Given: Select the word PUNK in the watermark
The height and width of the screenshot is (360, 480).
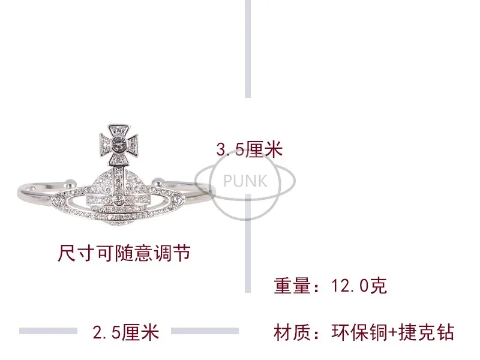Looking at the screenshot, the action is (245, 180).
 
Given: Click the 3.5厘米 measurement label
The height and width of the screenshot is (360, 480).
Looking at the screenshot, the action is (249, 149).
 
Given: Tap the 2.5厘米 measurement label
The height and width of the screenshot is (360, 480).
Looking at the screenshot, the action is (125, 332).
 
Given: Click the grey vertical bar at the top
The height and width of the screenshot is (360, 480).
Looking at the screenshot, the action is (248, 48).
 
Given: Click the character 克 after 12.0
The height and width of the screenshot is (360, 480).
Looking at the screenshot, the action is (379, 286).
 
